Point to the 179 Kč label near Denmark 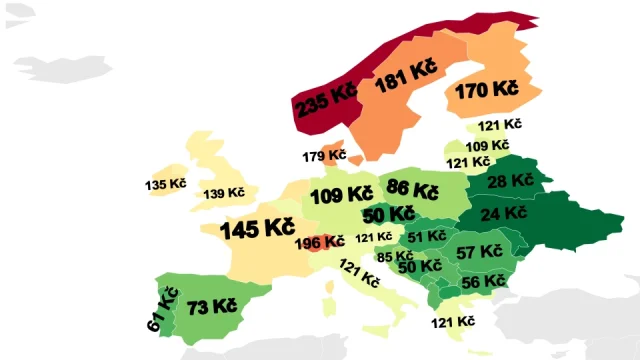tap(324, 156)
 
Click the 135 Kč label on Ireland tap(165, 185)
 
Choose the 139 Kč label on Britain tap(224, 192)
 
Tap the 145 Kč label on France tap(257, 229)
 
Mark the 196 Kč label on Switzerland tap(320, 241)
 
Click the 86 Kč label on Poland tap(412, 189)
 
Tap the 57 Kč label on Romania tap(479, 252)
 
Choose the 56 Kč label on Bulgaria tap(484, 282)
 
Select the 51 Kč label tap(427, 236)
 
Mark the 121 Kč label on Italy tap(360, 273)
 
